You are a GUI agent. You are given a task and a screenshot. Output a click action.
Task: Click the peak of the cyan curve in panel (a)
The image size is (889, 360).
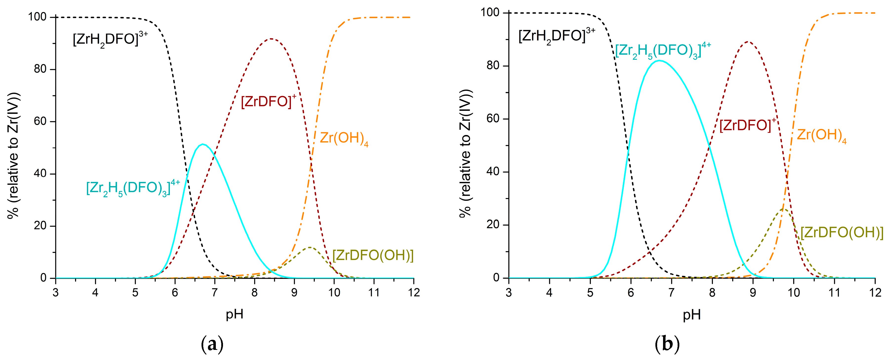click(x=203, y=144)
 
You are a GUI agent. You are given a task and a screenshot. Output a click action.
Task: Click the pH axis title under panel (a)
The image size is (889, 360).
click(x=234, y=314)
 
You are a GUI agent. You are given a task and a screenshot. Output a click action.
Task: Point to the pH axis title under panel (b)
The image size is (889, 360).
click(x=692, y=315)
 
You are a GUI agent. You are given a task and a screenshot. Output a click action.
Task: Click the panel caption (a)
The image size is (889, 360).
click(x=212, y=344)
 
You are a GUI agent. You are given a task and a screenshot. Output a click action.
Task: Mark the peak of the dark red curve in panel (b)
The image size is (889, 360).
click(x=748, y=42)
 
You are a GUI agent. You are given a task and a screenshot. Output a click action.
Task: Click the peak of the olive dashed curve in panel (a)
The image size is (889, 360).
click(x=310, y=247)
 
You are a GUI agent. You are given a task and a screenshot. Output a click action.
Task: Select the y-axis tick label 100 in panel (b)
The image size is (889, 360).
click(x=490, y=13)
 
